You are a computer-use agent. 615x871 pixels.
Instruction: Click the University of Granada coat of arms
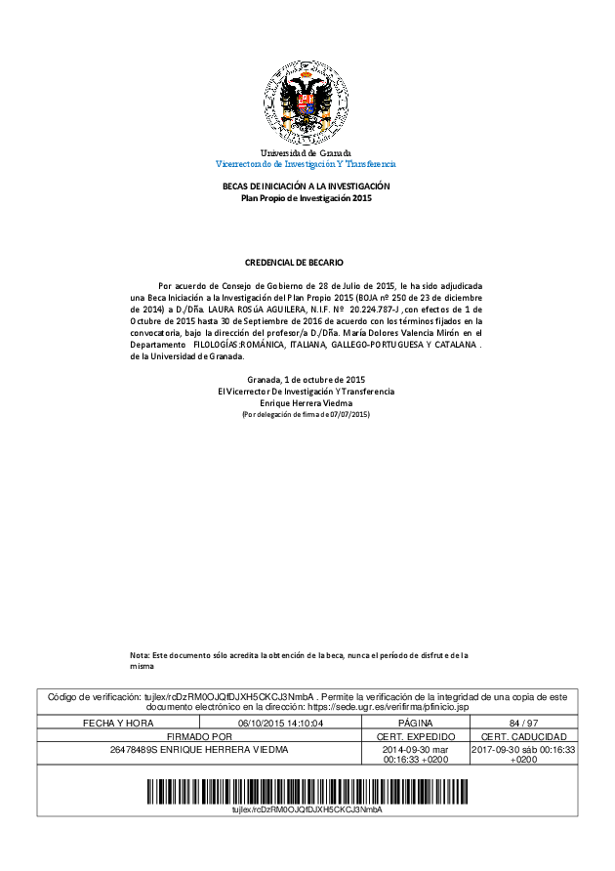click(307, 102)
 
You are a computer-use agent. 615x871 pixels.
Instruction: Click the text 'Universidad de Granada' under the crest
click(306, 153)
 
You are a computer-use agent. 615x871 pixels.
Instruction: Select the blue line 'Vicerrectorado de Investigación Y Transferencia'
click(306, 164)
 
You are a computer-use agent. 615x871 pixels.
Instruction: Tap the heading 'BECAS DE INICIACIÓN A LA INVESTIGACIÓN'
click(307, 187)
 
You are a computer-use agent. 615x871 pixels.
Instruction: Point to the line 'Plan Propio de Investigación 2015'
click(307, 198)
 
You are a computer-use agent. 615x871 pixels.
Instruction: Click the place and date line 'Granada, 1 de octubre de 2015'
click(306, 380)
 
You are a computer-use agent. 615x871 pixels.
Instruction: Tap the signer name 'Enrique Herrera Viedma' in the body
click(306, 403)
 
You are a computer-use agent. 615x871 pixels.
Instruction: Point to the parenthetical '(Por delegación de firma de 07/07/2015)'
click(306, 415)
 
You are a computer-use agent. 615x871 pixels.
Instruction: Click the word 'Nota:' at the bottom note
click(140, 654)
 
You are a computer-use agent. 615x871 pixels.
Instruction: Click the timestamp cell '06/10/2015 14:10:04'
click(280, 723)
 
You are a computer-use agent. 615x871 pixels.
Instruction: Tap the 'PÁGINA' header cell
click(416, 723)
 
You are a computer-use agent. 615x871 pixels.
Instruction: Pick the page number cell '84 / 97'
click(523, 723)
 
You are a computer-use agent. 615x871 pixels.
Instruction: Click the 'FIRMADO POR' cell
click(199, 735)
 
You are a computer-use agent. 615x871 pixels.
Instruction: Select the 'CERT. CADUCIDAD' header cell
click(523, 735)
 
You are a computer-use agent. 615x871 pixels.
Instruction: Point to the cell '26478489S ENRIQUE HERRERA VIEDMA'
click(199, 749)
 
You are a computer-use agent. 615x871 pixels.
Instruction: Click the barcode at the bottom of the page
click(307, 788)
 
